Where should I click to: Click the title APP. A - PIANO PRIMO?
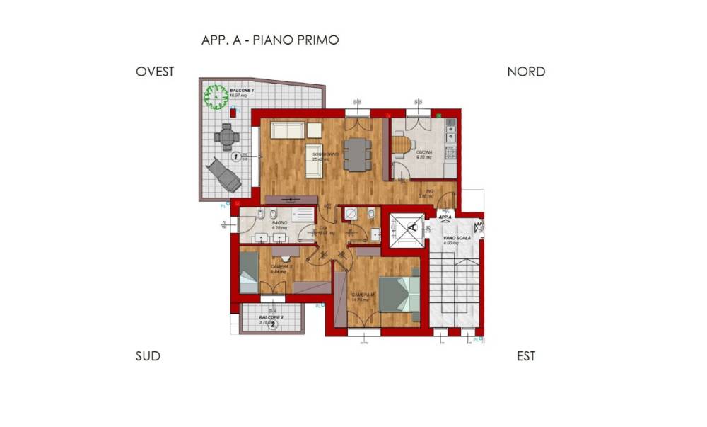click(x=270, y=40)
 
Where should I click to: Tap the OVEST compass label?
click(x=155, y=72)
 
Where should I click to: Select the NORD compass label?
click(x=526, y=72)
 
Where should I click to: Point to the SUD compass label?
click(x=148, y=356)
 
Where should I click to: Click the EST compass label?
click(x=526, y=356)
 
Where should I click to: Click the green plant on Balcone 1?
click(x=216, y=96)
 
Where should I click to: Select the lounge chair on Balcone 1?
click(x=223, y=174)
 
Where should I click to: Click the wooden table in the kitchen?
click(x=401, y=144)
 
